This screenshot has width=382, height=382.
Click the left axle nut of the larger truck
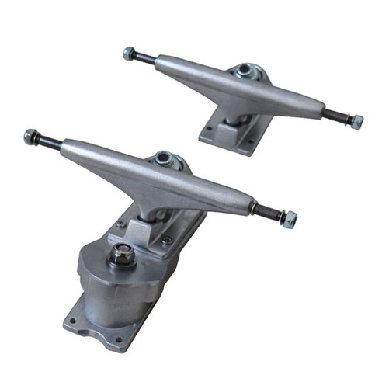coord(31,137)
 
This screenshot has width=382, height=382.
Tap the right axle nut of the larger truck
coord(290,219)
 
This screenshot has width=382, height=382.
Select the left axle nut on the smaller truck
coord(129,54)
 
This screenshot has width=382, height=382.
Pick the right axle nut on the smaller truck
coord(356,122)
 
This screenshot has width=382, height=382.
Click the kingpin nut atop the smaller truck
coord(245,71)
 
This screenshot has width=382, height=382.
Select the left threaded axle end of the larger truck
coord(49,141)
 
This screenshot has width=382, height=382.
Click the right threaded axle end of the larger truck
coord(269,211)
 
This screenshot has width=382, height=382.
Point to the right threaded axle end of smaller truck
coord(336,116)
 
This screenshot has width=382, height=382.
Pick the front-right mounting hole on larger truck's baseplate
coord(119,339)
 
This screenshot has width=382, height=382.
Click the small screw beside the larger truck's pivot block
coord(167,240)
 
